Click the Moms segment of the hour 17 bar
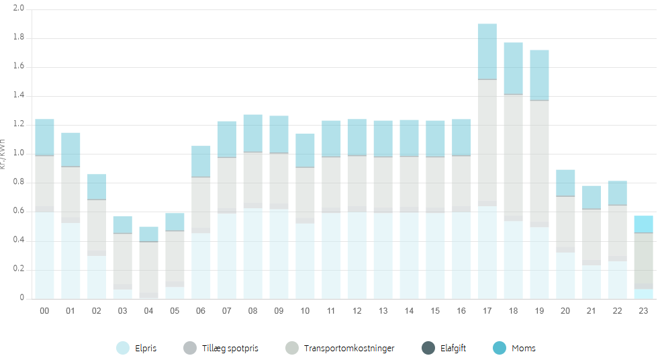487,52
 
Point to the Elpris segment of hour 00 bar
44,255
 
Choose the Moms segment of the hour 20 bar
565,183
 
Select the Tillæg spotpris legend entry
220,349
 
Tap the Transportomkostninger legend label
348,349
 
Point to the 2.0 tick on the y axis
18,9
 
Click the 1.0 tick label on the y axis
18,154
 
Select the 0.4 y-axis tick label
18,240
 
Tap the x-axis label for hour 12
357,311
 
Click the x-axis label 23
644,311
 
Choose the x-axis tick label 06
201,311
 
